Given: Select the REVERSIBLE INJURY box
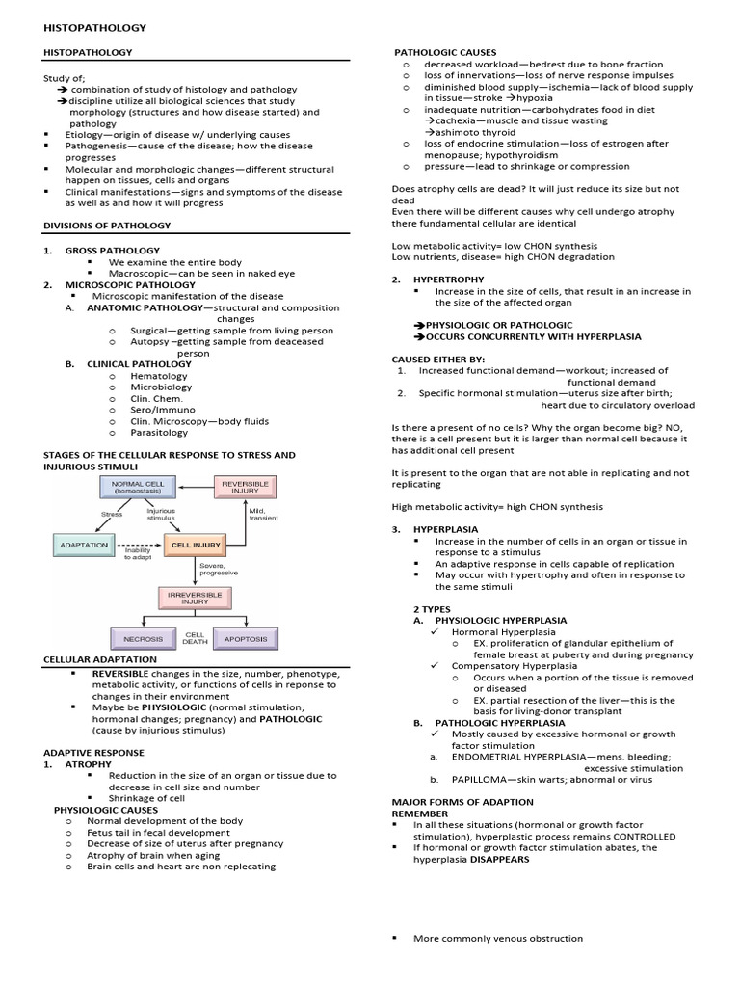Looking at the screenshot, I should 238,487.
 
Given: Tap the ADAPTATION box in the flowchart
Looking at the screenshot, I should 83,545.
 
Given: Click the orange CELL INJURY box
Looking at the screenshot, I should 196,545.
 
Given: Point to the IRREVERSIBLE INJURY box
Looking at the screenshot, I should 196,599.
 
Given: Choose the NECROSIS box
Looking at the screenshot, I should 142,638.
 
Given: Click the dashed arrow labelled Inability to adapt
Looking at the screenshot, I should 141,546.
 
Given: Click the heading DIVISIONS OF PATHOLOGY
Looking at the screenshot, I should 107,225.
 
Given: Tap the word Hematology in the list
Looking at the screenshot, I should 161,375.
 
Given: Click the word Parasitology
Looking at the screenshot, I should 160,433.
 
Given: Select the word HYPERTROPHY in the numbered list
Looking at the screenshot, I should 448,280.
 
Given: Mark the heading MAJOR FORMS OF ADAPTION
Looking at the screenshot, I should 462,802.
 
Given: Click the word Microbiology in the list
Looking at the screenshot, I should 162,387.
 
